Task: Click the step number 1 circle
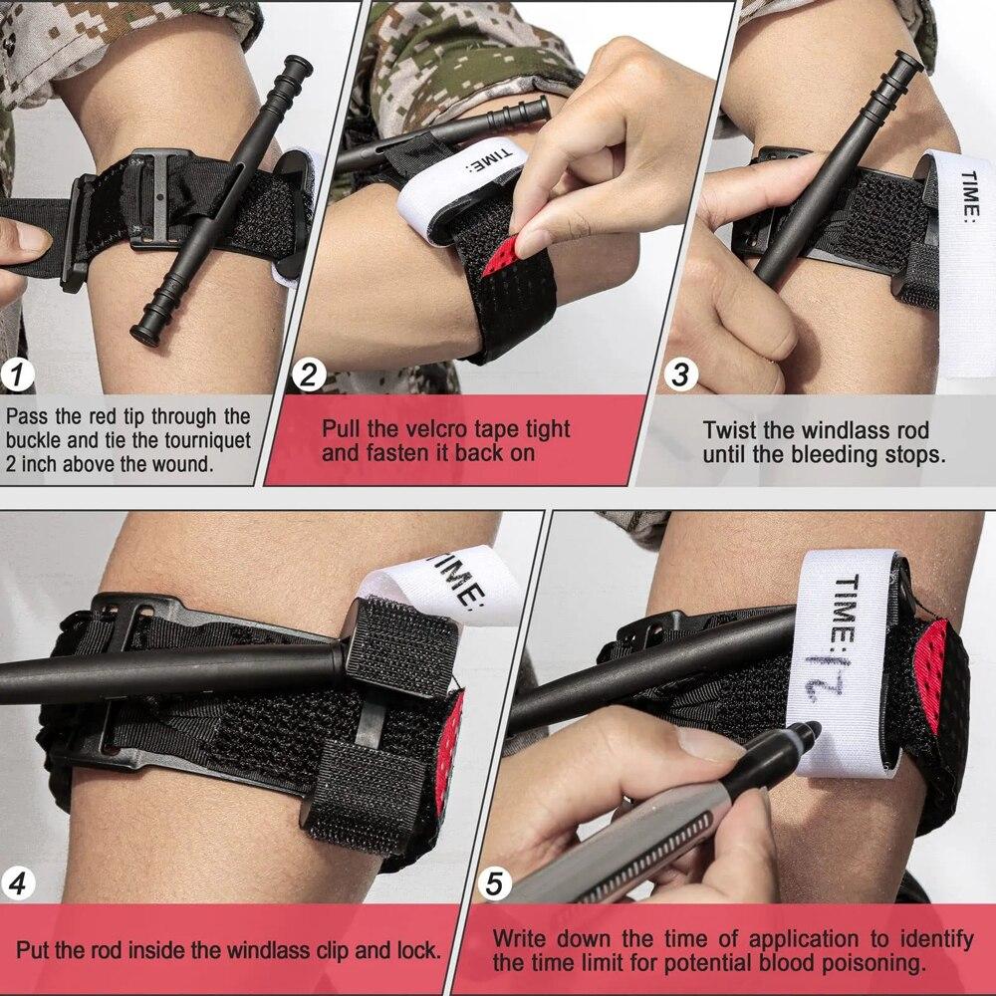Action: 19,375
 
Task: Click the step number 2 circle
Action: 309,375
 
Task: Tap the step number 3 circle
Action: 681,375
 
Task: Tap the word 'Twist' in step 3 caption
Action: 729,431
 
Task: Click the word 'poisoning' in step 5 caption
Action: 878,962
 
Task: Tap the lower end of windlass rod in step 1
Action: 141,332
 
